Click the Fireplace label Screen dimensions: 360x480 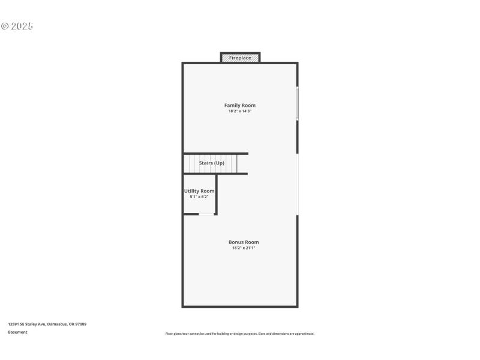(x=240, y=58)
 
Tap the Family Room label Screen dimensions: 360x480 (x=240, y=106)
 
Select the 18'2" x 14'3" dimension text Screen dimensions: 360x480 (x=240, y=112)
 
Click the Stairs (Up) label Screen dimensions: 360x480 (x=212, y=163)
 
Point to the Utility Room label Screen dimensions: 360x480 (x=199, y=191)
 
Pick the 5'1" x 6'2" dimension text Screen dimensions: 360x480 (x=199, y=197)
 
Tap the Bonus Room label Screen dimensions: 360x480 (x=244, y=242)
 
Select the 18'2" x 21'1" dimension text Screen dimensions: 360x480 (x=244, y=248)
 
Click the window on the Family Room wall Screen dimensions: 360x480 (x=297, y=104)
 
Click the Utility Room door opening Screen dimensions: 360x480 (x=206, y=214)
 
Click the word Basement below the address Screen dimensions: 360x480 (x=17, y=332)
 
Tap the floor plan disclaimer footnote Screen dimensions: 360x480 (x=240, y=334)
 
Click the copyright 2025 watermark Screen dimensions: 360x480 (x=17, y=26)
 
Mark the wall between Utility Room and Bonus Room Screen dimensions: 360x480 (x=191, y=214)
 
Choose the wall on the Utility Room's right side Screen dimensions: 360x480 (x=216, y=194)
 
